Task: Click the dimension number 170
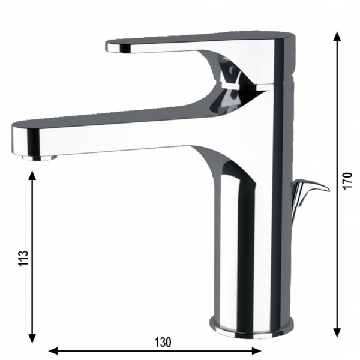pyautogui.click(x=348, y=180)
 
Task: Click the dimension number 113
pyautogui.click(x=23, y=258)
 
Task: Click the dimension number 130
pyautogui.click(x=163, y=343)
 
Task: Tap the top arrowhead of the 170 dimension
pyautogui.click(x=337, y=37)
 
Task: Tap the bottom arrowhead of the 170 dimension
pyautogui.click(x=337, y=331)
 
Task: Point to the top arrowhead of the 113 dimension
pyautogui.click(x=32, y=176)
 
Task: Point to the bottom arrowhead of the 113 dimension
pyautogui.click(x=32, y=337)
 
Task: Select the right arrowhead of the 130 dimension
pyautogui.click(x=256, y=351)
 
